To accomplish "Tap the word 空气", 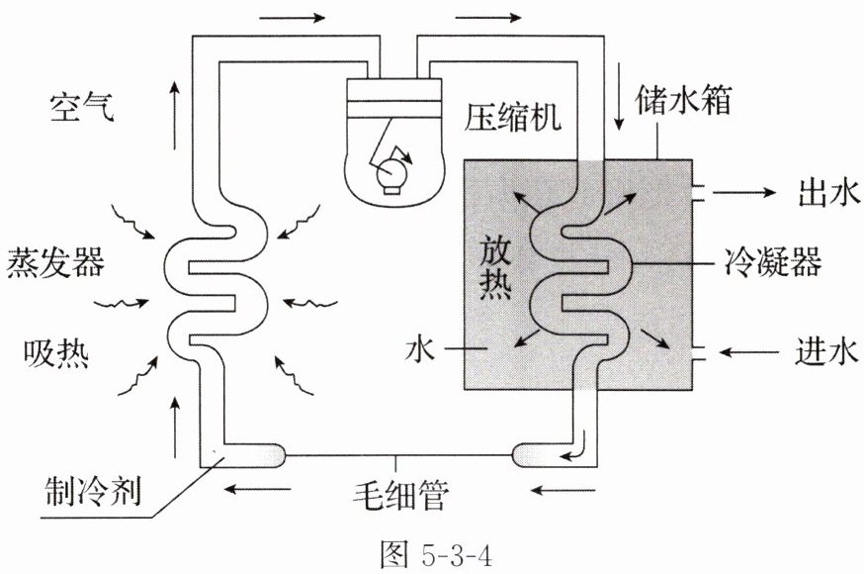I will pos(82,105).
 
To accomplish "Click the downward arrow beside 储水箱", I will pos(619,110).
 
